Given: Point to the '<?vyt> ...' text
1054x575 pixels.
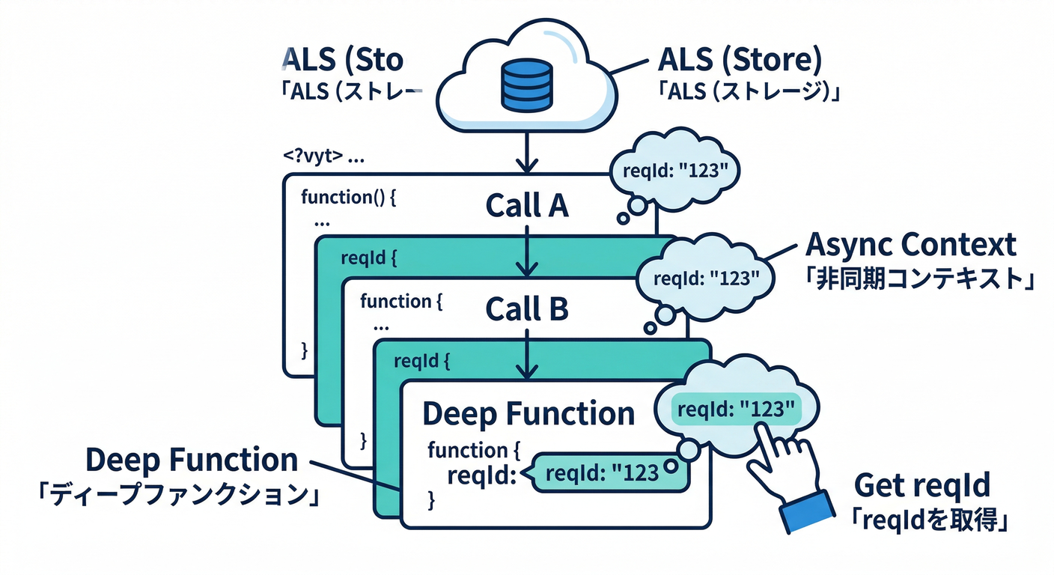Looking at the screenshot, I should pos(323,158).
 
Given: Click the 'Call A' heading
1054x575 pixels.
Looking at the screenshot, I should pos(526,205).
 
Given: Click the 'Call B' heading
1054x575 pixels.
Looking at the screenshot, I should pos(526,308).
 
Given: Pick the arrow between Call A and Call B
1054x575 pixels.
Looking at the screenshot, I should pos(527,251).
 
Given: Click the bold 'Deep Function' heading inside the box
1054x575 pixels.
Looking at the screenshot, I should pos(528,413).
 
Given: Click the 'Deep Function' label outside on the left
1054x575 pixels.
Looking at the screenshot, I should pos(192,460).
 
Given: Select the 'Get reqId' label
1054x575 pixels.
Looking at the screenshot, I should pos(922,486).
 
